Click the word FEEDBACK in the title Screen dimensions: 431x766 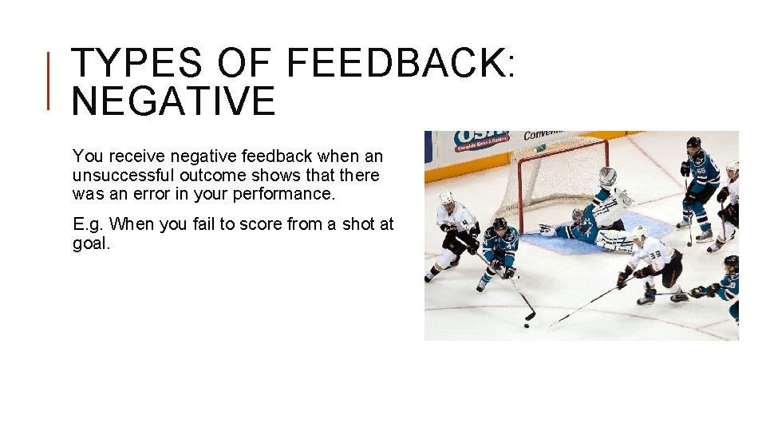pos(394,64)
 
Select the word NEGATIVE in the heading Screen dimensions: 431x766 pos(173,102)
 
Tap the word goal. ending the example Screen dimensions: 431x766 pos(91,243)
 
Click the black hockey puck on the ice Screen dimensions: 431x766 pos(527,325)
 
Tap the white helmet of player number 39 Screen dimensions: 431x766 pos(639,232)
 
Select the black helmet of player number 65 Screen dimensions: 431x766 pos(693,143)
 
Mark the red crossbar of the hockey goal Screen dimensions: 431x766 pos(559,144)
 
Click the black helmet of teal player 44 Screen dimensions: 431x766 pos(499,224)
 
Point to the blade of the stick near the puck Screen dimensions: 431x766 pos(530,316)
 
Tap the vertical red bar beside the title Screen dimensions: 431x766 pos(49,80)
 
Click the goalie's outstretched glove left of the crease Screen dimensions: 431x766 pos(547,230)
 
